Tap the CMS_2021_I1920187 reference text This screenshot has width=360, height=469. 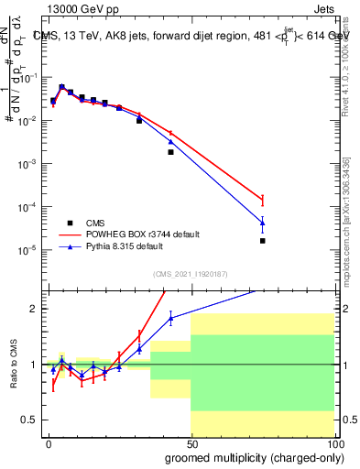pos(191,273)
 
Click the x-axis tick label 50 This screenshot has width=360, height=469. pos(191,442)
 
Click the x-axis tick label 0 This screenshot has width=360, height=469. pos(48,442)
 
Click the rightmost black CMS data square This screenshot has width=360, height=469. pos(262,241)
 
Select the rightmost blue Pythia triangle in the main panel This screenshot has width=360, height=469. pos(262,222)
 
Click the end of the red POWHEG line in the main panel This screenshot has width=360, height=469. pos(262,200)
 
